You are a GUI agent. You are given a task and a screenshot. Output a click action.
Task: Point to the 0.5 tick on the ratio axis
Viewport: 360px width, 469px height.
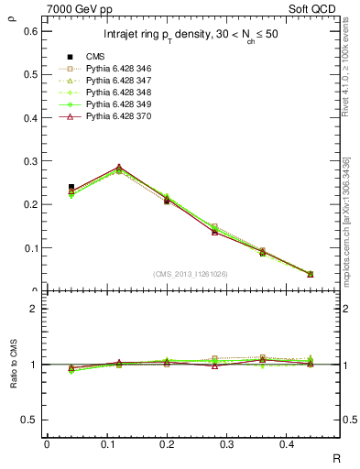tap(33, 420)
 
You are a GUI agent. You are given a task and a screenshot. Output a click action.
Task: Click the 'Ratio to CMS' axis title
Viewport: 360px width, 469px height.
tap(13, 365)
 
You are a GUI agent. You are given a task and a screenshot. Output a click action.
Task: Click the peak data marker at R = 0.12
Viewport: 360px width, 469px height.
tap(118, 169)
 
